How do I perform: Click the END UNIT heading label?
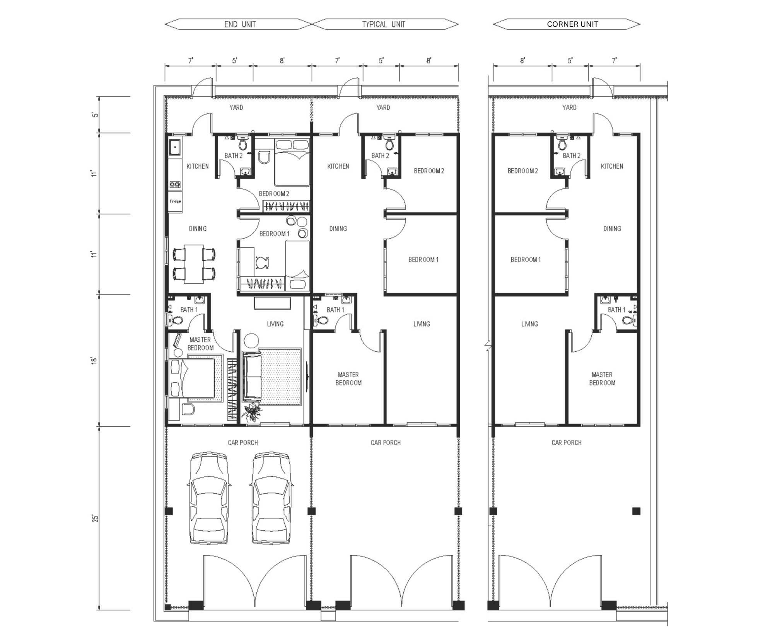click(240, 24)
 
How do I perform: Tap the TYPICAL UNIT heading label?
click(384, 24)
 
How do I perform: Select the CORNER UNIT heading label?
click(572, 24)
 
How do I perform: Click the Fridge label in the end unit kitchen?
click(175, 202)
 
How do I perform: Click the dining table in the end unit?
click(194, 264)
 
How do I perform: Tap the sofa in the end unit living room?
click(252, 377)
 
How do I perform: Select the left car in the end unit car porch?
click(209, 498)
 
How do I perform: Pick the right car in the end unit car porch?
click(271, 498)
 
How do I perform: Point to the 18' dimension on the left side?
click(94, 361)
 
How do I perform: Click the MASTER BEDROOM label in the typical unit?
click(348, 379)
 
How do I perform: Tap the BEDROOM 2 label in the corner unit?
click(523, 171)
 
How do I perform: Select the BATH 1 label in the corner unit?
click(616, 310)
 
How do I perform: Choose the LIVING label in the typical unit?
click(422, 324)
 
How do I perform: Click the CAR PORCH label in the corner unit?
click(567, 443)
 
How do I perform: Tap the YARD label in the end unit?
click(236, 107)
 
